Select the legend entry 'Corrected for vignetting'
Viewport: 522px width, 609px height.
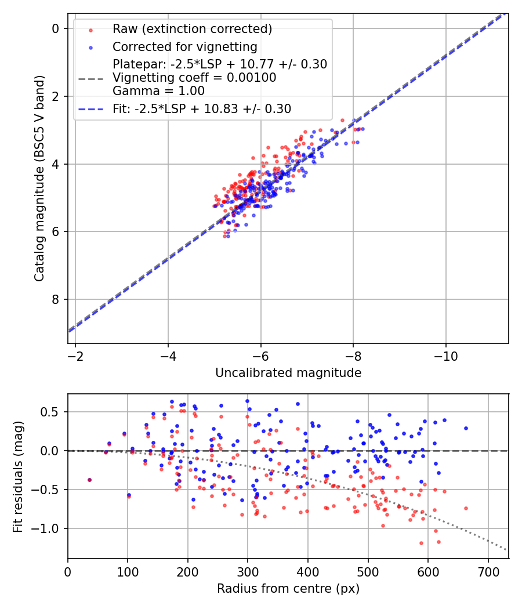click(x=184, y=46)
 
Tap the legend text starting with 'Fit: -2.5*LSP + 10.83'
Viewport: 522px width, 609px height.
click(x=202, y=108)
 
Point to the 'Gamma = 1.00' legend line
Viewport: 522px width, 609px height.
click(x=158, y=90)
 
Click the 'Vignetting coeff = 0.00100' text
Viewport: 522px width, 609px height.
click(x=194, y=77)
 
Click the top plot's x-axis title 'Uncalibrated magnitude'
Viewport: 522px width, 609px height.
click(x=288, y=372)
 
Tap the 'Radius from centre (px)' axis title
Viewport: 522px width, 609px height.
click(x=288, y=589)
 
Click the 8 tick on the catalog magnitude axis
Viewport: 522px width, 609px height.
click(x=56, y=299)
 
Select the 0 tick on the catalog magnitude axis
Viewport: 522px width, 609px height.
click(x=56, y=28)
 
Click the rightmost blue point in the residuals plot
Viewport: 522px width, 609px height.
click(x=465, y=428)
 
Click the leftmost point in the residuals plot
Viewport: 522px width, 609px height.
click(x=89, y=480)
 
